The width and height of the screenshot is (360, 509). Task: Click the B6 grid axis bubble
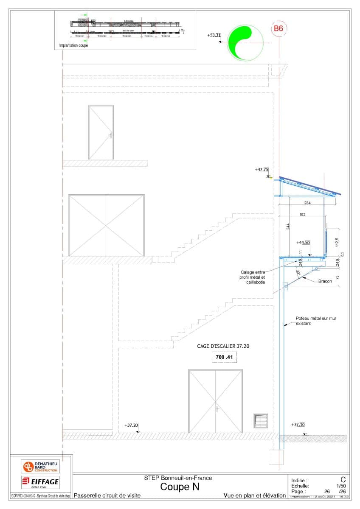[278, 29]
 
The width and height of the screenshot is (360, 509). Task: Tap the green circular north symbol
[245, 43]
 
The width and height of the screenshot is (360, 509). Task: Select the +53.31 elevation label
[214, 35]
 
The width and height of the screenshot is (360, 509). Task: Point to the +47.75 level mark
[262, 170]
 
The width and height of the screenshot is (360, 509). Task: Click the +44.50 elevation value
[303, 243]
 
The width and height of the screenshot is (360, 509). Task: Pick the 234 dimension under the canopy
[307, 203]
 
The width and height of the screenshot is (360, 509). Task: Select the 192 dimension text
[302, 215]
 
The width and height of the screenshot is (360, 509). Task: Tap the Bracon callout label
[325, 281]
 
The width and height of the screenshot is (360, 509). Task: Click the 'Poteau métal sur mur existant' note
[316, 321]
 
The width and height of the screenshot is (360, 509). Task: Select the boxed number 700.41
[224, 357]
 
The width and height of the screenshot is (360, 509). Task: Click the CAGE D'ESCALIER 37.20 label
[223, 346]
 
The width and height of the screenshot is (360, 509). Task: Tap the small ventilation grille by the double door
[261, 420]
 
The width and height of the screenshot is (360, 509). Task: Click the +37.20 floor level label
[131, 425]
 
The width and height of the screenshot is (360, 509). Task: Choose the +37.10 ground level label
[298, 425]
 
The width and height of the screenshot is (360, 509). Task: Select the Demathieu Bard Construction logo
[41, 466]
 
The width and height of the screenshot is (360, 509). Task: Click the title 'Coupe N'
[180, 487]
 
